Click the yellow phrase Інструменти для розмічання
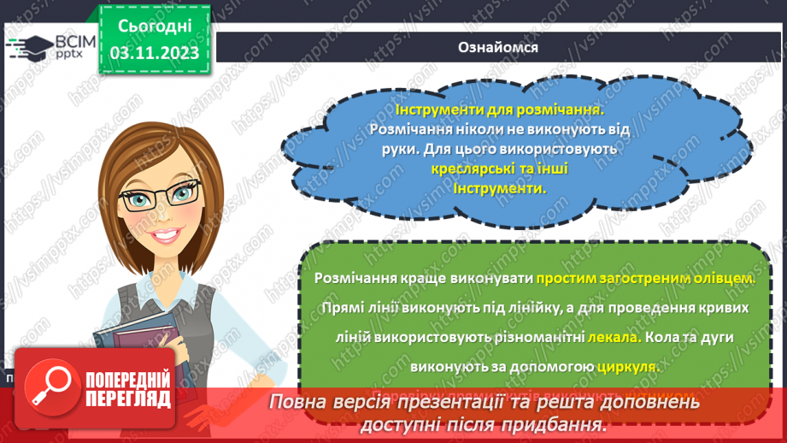tap(499, 110)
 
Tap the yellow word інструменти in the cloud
tap(499, 187)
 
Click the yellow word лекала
tap(612, 337)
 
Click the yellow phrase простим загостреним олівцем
tap(647, 278)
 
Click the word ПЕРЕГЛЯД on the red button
tap(128, 399)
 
